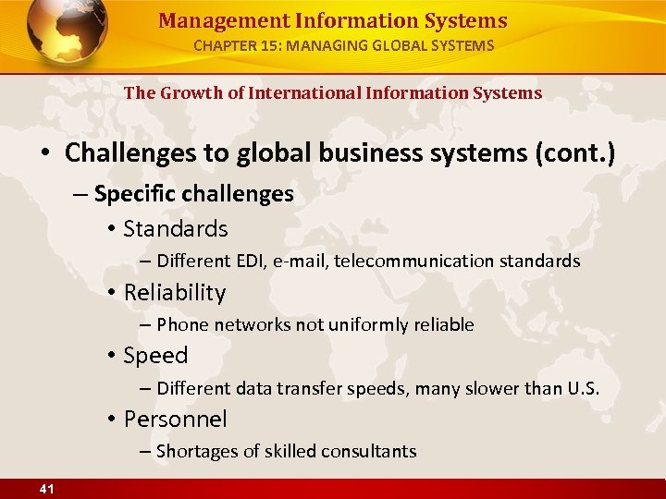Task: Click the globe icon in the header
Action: (x=67, y=33)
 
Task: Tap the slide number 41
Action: (x=45, y=489)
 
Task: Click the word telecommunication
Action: (x=413, y=262)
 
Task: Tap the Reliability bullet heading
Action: (x=175, y=293)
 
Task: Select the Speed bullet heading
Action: (x=155, y=356)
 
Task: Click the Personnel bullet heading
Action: (x=175, y=420)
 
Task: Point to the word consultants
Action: (x=370, y=451)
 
